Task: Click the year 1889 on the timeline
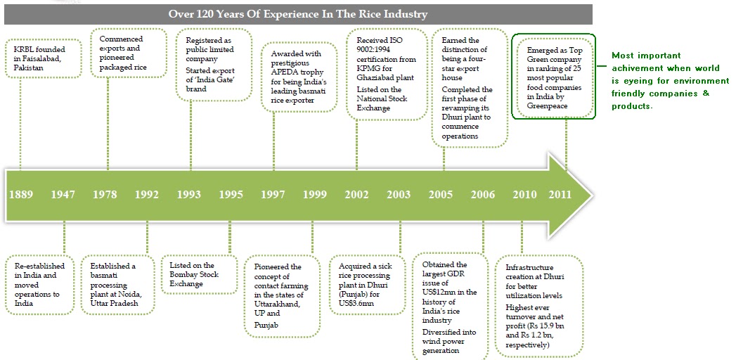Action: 20,195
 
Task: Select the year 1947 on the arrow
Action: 63,195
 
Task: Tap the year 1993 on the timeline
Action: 189,195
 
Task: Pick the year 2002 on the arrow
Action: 357,195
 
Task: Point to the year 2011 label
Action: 560,195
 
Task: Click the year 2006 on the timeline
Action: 483,195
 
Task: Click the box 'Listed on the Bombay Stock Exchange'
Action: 196,274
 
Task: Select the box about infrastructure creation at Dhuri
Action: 542,307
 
